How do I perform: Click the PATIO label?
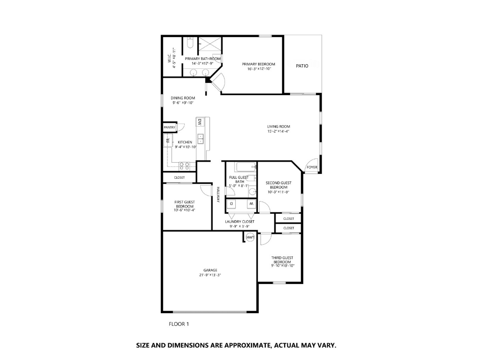pyautogui.click(x=302, y=66)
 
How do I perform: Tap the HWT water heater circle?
pyautogui.click(x=250, y=237)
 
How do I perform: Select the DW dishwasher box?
pyautogui.click(x=199, y=122)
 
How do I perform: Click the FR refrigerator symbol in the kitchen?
pyautogui.click(x=168, y=141)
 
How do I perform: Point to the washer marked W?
pyautogui.click(x=251, y=203)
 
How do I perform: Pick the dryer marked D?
pyautogui.click(x=232, y=203)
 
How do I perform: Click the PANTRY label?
pyautogui.click(x=169, y=127)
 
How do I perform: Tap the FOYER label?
pyautogui.click(x=312, y=167)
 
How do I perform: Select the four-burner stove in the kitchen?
pyautogui.click(x=184, y=166)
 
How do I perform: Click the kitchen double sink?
pyautogui.click(x=201, y=139)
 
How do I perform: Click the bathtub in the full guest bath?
pyautogui.click(x=246, y=167)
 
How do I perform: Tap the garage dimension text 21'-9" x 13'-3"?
pyautogui.click(x=210, y=275)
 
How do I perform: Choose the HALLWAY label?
pyautogui.click(x=218, y=195)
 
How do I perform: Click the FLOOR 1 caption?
pyautogui.click(x=179, y=324)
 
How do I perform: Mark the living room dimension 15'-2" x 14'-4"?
pyautogui.click(x=278, y=131)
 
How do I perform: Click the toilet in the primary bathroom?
pyautogui.click(x=189, y=43)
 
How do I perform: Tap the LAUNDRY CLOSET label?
pyautogui.click(x=240, y=222)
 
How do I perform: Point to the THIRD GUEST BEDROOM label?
pyautogui.click(x=282, y=260)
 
